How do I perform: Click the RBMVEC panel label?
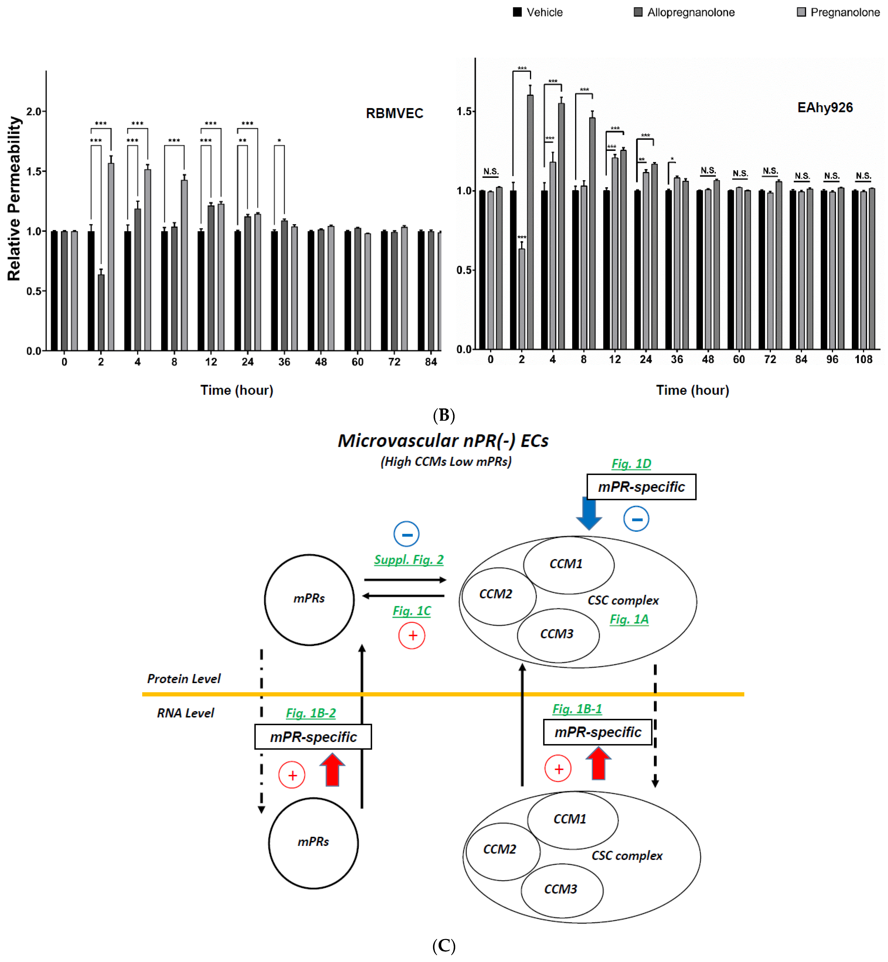[x=395, y=113]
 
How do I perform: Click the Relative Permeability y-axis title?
[x=14, y=198]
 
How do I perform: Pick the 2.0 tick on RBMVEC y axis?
[x=34, y=111]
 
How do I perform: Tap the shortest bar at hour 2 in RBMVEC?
[x=101, y=312]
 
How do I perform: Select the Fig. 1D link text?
[x=631, y=464]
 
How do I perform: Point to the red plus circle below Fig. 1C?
[x=412, y=636]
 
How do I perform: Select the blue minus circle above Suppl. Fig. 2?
[x=407, y=534]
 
